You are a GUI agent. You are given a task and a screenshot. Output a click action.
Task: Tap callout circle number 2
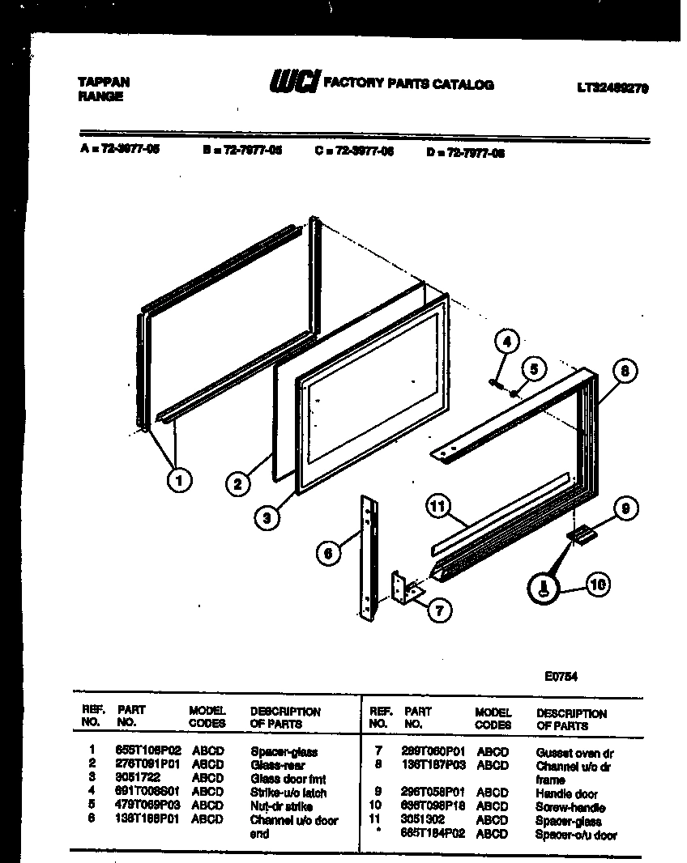tap(237, 484)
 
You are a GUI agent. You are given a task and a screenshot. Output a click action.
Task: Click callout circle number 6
tap(328, 553)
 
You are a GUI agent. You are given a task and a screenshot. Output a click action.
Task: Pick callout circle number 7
tap(438, 611)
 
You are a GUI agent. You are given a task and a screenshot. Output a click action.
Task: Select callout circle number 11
tap(438, 508)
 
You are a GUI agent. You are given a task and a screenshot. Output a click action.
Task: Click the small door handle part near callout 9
tap(582, 534)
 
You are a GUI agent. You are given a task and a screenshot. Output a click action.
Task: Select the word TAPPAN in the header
tap(103, 82)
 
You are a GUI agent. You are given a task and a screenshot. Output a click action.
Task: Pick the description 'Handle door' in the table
tap(566, 793)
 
